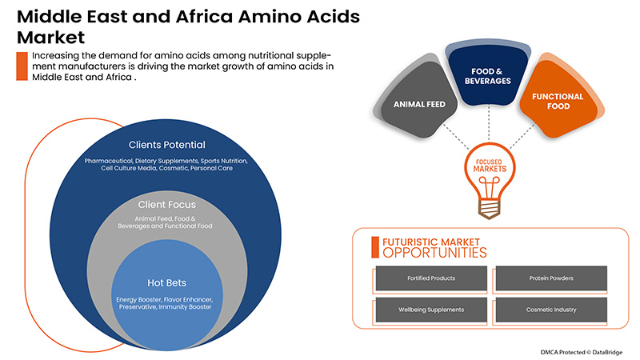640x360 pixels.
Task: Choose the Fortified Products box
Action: (426, 278)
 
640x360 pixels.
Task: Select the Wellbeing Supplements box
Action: (426, 309)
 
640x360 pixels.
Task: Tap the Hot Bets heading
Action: (166, 282)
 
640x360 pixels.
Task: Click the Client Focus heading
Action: (166, 205)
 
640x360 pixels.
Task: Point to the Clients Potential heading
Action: (166, 145)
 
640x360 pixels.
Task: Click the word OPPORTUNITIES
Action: (434, 253)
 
